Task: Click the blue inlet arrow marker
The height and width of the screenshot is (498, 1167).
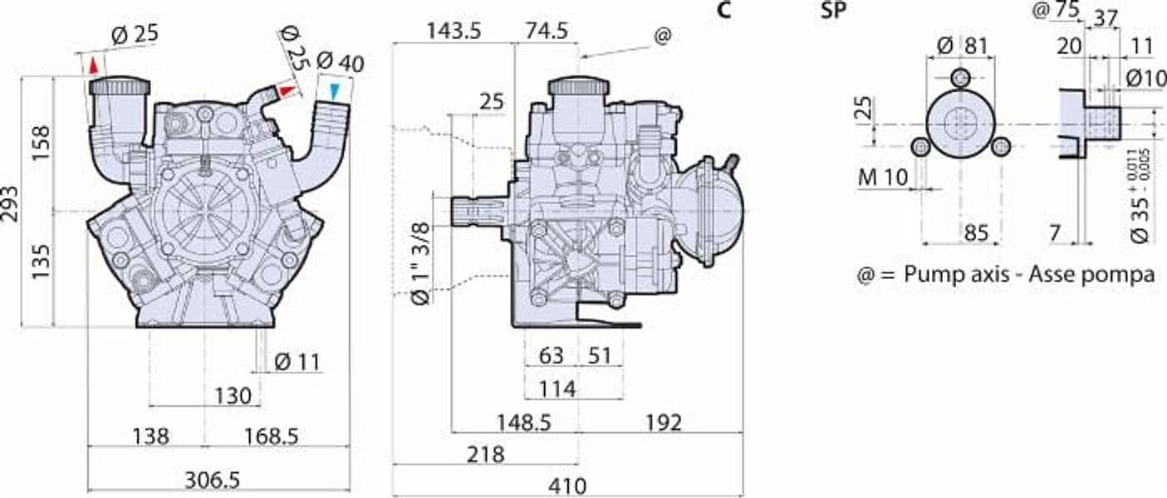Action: click(334, 91)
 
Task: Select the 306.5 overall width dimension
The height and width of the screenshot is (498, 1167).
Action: click(213, 481)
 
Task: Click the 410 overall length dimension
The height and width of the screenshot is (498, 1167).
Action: click(567, 487)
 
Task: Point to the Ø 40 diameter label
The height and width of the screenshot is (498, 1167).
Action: click(341, 62)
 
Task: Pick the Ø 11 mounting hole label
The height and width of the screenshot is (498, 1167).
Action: click(297, 362)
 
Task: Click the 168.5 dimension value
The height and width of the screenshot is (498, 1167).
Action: click(272, 436)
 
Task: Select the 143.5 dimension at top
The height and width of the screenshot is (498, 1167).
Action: click(454, 32)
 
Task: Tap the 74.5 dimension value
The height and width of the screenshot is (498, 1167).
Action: click(547, 32)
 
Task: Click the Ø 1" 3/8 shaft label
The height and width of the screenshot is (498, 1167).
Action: click(421, 264)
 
